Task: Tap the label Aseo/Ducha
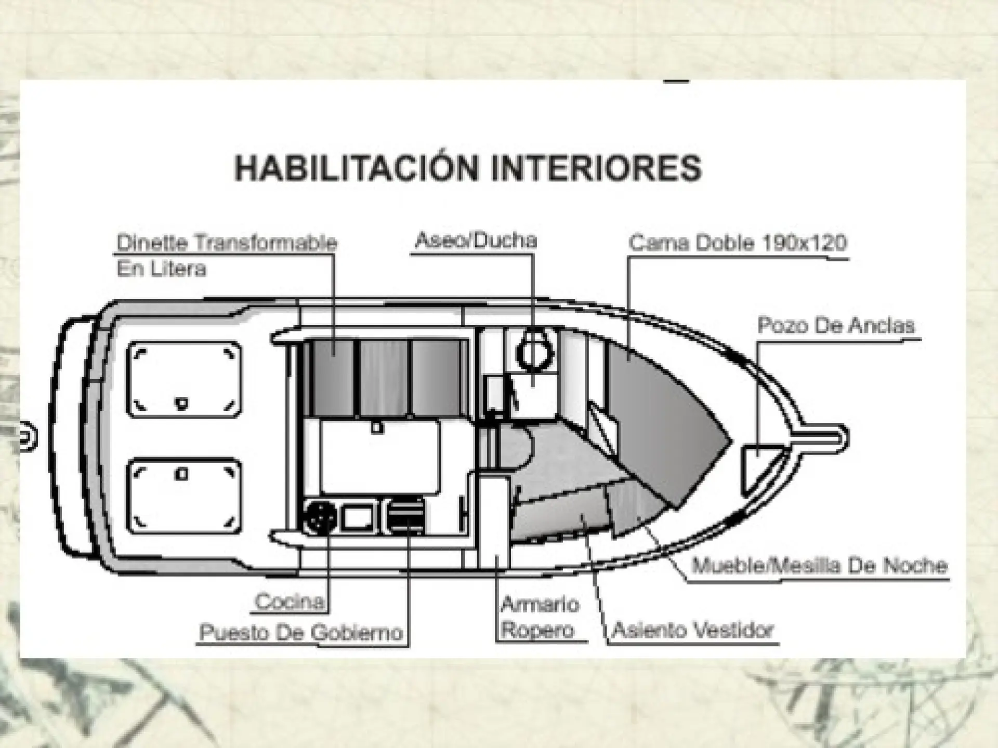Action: (476, 241)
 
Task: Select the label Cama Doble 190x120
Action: (738, 242)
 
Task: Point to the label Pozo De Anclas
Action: (836, 326)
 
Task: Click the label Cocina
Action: (290, 602)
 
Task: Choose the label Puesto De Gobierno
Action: (301, 632)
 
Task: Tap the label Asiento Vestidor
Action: (693, 630)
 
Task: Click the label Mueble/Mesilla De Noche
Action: (820, 565)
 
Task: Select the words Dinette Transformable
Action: (227, 242)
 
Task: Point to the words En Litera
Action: (162, 269)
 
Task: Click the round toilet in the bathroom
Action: (535, 353)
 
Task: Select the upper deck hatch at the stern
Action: (185, 379)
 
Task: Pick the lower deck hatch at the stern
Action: (185, 496)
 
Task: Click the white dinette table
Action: (380, 457)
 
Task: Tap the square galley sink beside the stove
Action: (359, 517)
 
